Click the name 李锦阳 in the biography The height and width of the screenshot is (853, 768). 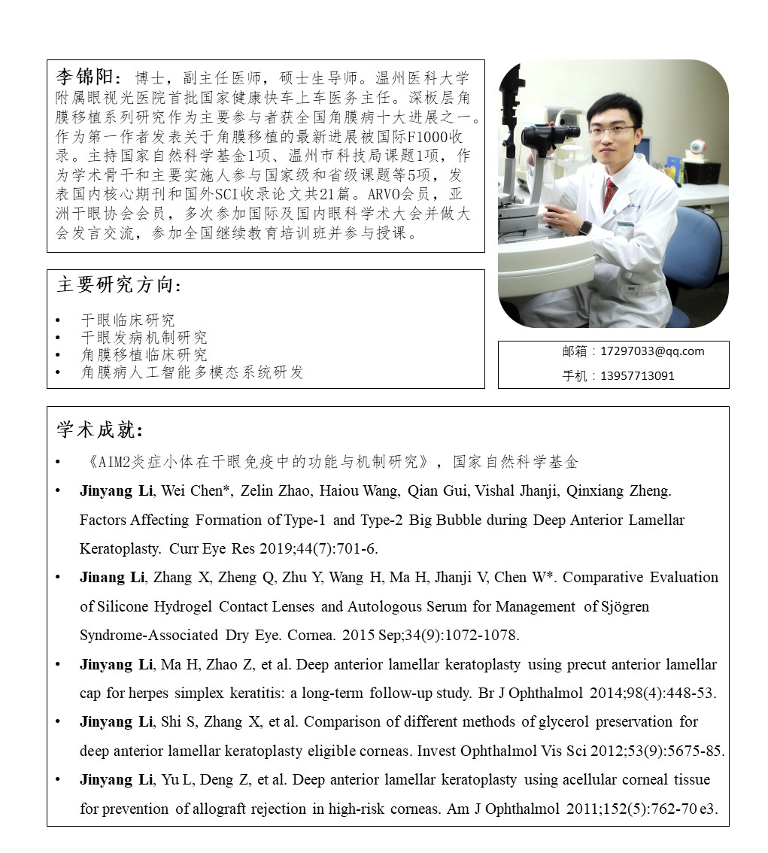(84, 77)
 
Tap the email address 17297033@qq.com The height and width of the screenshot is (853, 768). (652, 351)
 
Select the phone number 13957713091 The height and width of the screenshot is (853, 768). (637, 375)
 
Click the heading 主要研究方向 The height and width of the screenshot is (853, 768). (119, 285)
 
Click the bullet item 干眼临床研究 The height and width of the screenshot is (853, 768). (128, 320)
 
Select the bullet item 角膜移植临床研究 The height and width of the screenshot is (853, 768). (144, 355)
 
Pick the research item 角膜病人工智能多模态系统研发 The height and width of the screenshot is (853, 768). (192, 372)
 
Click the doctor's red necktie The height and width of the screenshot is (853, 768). (609, 193)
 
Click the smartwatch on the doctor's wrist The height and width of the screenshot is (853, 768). (584, 228)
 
